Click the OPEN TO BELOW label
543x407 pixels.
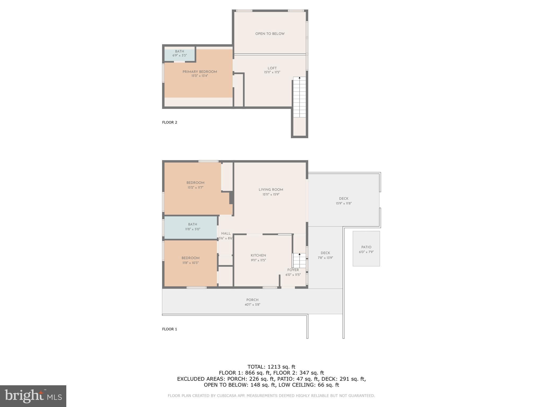[x=270, y=34]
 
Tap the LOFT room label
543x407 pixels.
[x=272, y=68]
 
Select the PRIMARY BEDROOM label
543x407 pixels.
[x=200, y=72]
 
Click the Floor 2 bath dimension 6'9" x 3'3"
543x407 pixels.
[x=179, y=56]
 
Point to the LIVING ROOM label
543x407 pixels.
[x=271, y=189]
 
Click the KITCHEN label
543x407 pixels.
[x=258, y=255]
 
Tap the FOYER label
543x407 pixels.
[x=293, y=270]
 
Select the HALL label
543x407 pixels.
[x=226, y=233]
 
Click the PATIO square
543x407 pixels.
[x=366, y=249]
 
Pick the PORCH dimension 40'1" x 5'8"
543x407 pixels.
[x=252, y=305]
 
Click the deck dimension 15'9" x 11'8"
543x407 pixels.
[x=344, y=203]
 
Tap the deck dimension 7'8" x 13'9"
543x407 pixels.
[x=325, y=258]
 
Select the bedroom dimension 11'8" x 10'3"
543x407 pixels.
[x=190, y=263]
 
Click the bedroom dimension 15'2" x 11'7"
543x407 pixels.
[x=195, y=188]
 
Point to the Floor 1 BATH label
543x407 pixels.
[x=192, y=224]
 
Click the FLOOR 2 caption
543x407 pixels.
[x=169, y=122]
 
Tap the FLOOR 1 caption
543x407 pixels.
[x=169, y=329]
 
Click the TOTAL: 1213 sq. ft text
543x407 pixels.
[x=271, y=367]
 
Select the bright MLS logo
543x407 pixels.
[x=33, y=396]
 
